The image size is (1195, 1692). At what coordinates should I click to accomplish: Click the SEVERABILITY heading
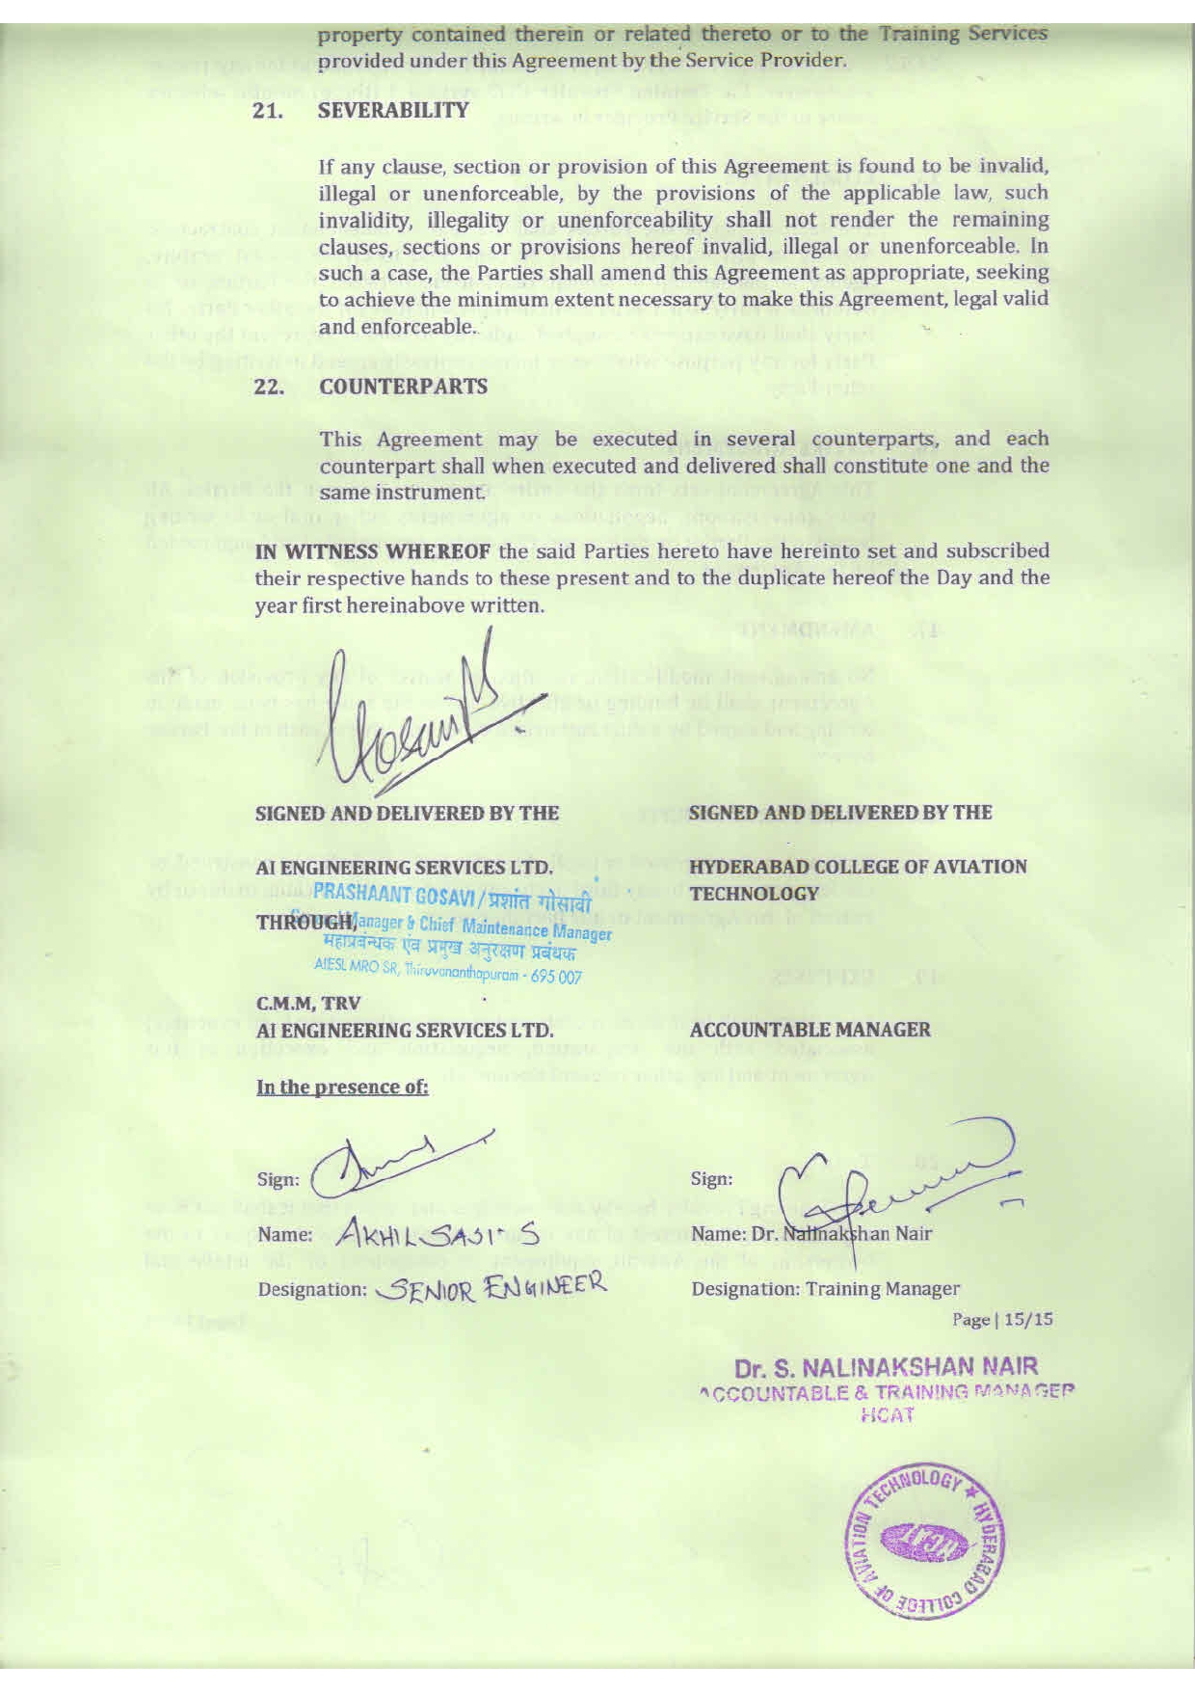click(x=393, y=110)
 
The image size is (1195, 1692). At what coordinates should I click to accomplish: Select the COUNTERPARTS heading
click(x=403, y=387)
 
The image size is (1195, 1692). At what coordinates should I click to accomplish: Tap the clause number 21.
click(x=267, y=110)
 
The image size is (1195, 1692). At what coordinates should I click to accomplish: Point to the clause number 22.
click(x=267, y=387)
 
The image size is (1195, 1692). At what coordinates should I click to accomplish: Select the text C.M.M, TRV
click(x=294, y=1003)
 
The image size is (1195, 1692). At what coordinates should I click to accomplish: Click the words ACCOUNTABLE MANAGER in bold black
click(x=810, y=1030)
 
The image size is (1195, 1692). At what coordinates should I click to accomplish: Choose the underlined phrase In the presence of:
click(x=341, y=1088)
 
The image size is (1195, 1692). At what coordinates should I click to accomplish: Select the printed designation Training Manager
click(x=882, y=1288)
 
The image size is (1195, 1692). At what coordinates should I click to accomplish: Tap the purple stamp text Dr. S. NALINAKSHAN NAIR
click(x=886, y=1367)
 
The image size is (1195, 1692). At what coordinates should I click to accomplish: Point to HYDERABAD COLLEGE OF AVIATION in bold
click(x=858, y=867)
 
